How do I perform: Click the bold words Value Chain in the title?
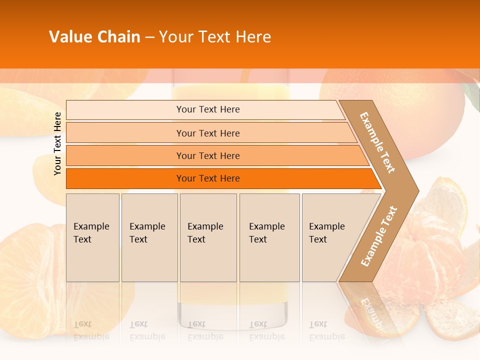(94, 37)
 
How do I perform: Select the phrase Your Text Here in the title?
(215, 37)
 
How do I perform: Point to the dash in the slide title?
(149, 37)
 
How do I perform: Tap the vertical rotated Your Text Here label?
(57, 143)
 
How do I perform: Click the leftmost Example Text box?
(92, 237)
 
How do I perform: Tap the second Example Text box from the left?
(149, 237)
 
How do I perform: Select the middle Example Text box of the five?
(208, 237)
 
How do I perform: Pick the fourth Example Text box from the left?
(269, 237)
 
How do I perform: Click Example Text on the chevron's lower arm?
(379, 236)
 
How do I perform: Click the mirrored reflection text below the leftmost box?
(91, 330)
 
